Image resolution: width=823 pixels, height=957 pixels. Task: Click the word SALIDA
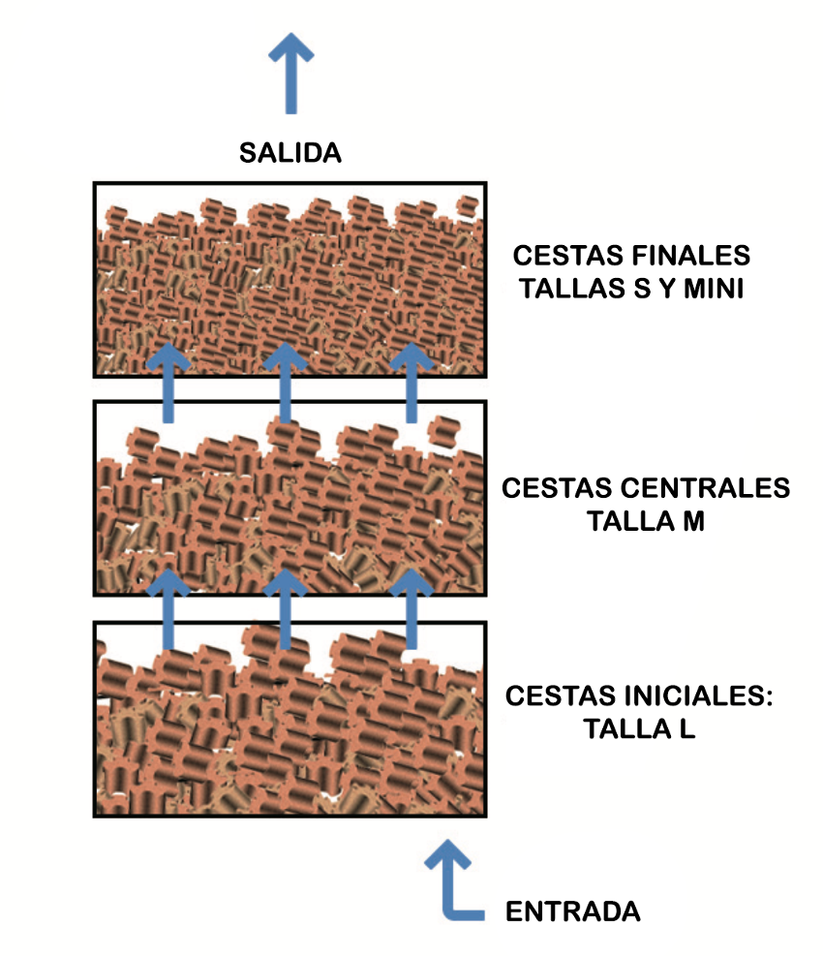coord(290,153)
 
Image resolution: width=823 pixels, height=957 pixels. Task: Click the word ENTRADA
coord(573,911)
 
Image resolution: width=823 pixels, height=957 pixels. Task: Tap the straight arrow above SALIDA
coord(290,74)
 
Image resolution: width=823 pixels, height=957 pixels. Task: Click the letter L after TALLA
coord(687,728)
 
